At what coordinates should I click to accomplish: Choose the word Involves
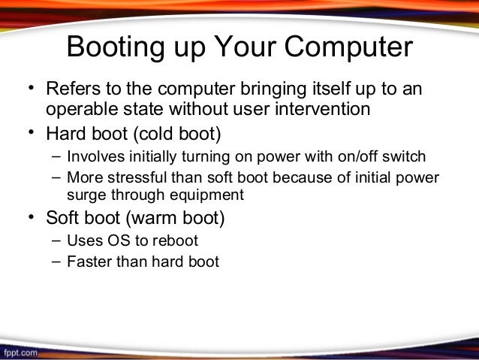[94, 157]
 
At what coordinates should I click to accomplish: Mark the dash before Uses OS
[57, 242]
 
